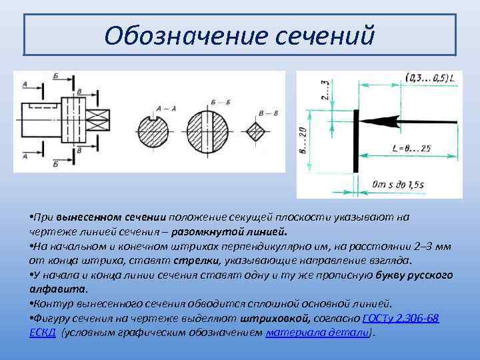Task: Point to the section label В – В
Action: [x=269, y=113]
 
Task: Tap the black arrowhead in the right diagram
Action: [x=382, y=122]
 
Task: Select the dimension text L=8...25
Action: [x=410, y=147]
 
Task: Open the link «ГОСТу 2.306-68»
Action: [x=400, y=318]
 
